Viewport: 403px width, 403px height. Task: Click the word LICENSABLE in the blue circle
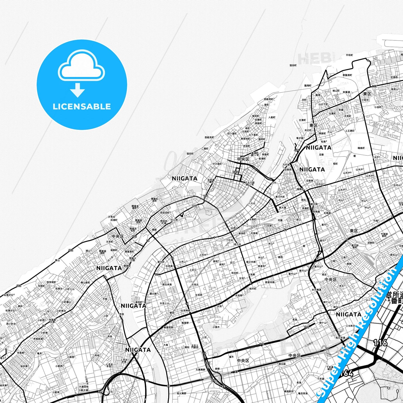click(x=82, y=107)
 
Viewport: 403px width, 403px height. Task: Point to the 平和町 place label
click(x=349, y=55)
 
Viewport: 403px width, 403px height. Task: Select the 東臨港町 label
click(x=347, y=75)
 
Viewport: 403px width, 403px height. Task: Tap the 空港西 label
click(x=394, y=77)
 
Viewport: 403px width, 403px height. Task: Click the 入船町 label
click(x=272, y=117)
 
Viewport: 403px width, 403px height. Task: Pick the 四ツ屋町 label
click(x=232, y=134)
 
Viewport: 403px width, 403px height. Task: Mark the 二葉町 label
click(x=205, y=149)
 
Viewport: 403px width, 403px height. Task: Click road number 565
click(x=236, y=172)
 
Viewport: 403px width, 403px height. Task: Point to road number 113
click(x=374, y=86)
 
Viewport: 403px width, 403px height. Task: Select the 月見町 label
click(x=348, y=116)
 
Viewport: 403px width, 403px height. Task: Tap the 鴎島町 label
click(x=361, y=148)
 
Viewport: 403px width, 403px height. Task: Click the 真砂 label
click(x=20, y=306)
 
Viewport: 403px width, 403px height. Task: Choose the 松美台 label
click(x=59, y=289)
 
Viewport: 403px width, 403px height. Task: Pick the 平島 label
click(x=105, y=299)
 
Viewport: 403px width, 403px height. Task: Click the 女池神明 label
click(x=185, y=310)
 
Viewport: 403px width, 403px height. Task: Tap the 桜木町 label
click(x=253, y=289)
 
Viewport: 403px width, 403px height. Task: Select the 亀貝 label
click(x=39, y=353)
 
